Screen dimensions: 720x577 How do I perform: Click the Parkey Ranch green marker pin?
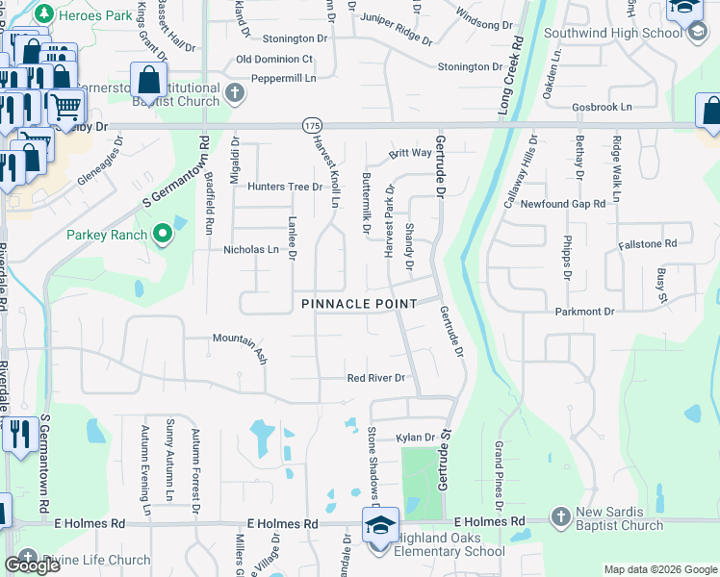(163, 234)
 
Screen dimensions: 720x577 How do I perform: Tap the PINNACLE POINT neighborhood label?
(359, 304)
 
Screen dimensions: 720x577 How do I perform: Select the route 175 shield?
(311, 126)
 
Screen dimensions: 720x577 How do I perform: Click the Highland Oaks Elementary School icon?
(380, 526)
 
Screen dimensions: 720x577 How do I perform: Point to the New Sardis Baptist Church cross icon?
(561, 517)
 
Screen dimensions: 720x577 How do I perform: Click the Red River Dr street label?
(376, 379)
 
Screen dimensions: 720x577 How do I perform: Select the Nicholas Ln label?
(257, 249)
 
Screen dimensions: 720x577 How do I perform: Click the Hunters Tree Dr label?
(284, 187)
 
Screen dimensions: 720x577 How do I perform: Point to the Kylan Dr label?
(416, 438)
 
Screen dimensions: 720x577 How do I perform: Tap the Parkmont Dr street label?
(584, 312)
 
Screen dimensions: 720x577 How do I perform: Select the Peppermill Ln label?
(284, 79)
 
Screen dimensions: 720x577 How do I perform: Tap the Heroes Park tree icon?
(43, 14)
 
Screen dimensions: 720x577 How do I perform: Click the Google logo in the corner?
(32, 565)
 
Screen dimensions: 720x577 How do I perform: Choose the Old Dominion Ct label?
(274, 59)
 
